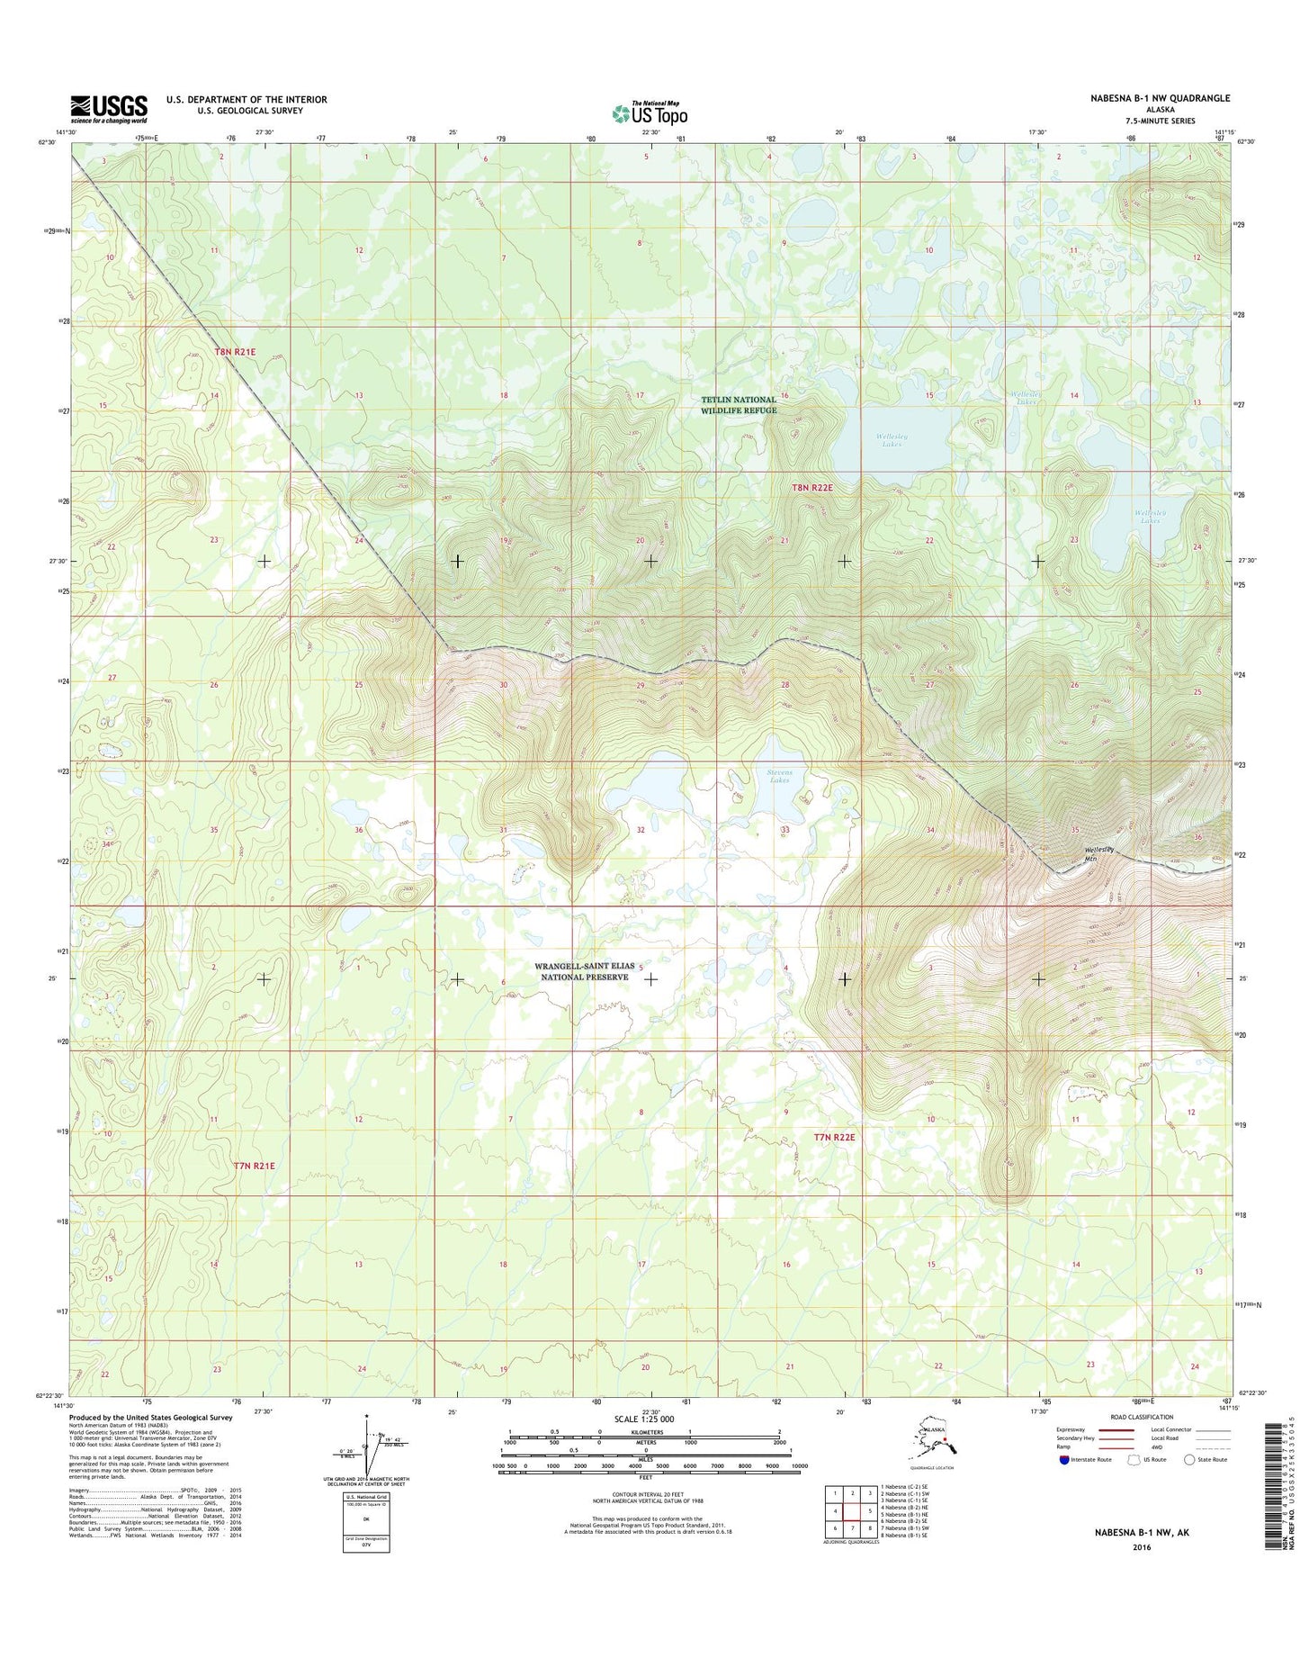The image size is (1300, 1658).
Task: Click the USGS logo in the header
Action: [109, 109]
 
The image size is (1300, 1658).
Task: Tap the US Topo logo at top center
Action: [650, 113]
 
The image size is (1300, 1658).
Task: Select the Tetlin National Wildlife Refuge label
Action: [738, 405]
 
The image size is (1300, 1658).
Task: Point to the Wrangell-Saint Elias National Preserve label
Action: [586, 971]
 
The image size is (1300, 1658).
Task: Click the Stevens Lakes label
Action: [779, 776]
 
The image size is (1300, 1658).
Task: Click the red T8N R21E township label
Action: [235, 352]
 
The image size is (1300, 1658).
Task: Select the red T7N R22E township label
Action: [834, 1137]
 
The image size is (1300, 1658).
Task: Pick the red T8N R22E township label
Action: [811, 487]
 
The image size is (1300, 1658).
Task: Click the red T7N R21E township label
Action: [254, 1166]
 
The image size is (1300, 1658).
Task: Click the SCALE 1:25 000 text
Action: [644, 1419]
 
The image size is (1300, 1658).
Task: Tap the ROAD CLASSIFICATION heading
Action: [1142, 1417]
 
